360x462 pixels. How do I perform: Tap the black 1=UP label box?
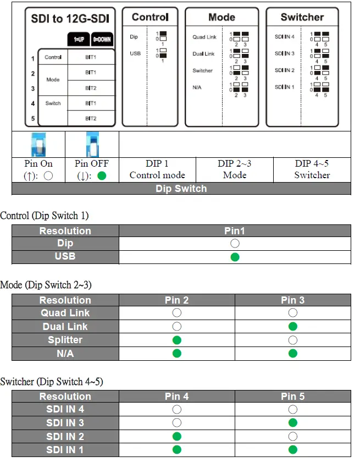point(79,40)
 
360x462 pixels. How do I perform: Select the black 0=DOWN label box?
point(102,40)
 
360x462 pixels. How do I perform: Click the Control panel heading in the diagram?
point(150,17)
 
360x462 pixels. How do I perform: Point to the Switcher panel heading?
point(302,17)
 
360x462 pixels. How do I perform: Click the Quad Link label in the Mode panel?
point(204,37)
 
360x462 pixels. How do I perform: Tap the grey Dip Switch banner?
point(181,188)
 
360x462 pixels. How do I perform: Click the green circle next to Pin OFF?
point(101,176)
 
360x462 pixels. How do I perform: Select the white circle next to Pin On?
point(48,176)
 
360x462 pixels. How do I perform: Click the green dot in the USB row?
point(235,257)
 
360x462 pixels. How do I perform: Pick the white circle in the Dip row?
point(235,244)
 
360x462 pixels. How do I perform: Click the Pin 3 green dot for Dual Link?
point(293,327)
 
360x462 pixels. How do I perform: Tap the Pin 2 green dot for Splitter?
point(177,340)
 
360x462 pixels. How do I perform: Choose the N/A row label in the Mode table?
point(65,354)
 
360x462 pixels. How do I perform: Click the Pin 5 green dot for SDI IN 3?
point(293,423)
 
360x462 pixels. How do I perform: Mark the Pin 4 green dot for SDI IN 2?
point(177,437)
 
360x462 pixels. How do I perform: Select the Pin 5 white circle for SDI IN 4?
point(293,410)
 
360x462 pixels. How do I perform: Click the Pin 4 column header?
point(177,397)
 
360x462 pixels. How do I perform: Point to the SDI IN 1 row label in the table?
point(65,450)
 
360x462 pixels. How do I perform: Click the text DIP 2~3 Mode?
point(235,169)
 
